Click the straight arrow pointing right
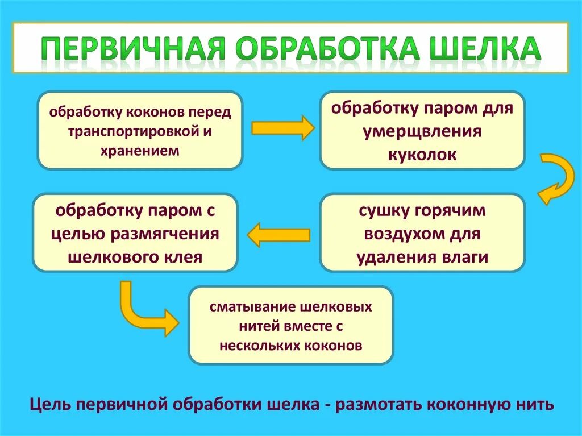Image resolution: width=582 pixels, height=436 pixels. pos(282,128)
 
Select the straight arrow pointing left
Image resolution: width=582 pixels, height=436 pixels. pos(278,234)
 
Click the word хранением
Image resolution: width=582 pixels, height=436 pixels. pos(140,151)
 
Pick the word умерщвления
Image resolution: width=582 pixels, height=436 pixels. pos(422,131)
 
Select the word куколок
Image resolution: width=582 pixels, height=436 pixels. pos(422,155)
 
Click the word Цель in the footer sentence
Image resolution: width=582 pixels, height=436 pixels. pos(50,405)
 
